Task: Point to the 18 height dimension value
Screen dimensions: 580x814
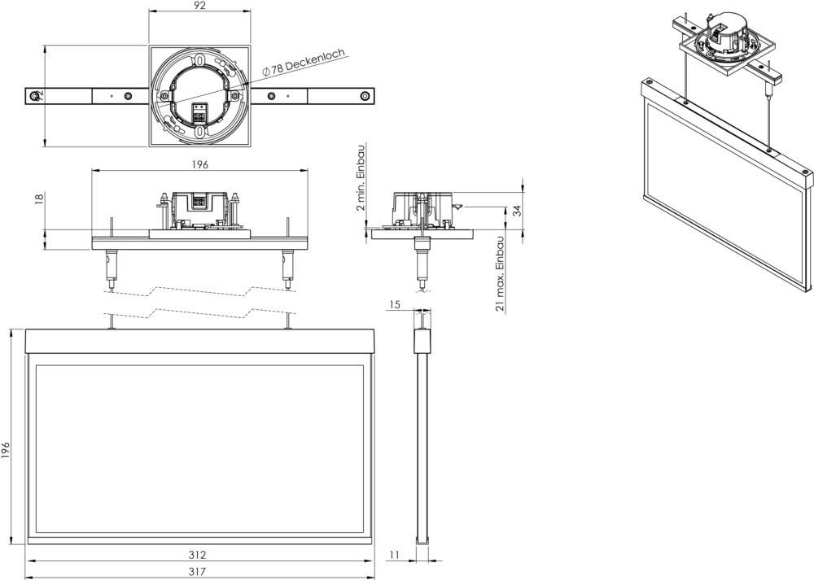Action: click(38, 199)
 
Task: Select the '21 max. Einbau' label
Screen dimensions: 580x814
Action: click(500, 273)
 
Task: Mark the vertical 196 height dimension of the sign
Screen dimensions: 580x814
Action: click(7, 450)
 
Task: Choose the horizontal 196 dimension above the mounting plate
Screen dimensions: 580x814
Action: click(200, 164)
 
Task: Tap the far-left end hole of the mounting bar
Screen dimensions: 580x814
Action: click(33, 96)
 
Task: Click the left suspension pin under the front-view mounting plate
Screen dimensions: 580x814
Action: click(109, 268)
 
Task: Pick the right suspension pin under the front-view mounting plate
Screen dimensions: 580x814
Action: click(287, 268)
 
